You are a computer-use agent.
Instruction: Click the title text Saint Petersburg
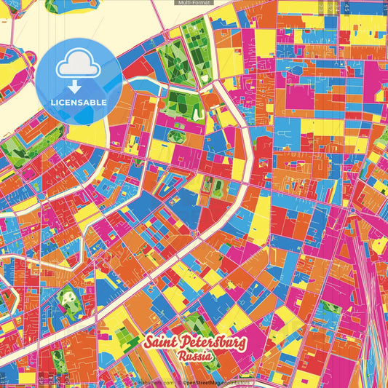(x=195, y=344)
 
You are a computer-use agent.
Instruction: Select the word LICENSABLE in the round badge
(x=79, y=102)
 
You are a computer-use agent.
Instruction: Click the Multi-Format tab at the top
(x=194, y=3)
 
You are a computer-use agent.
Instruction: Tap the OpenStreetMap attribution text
(x=215, y=382)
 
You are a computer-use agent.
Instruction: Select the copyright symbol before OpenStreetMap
(x=179, y=382)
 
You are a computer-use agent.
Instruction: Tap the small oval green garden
(x=176, y=135)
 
